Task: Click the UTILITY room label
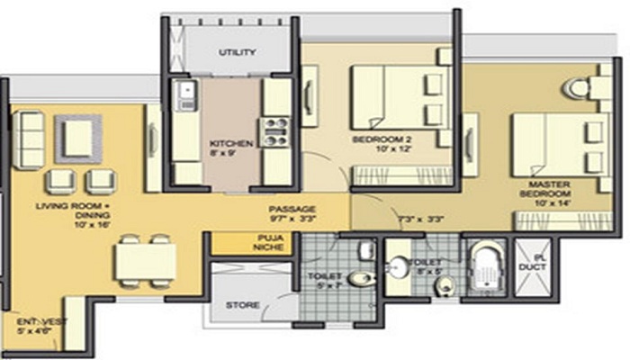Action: (x=237, y=52)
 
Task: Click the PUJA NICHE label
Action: (x=250, y=242)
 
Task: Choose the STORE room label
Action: (x=243, y=305)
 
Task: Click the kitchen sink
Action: (x=187, y=90)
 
